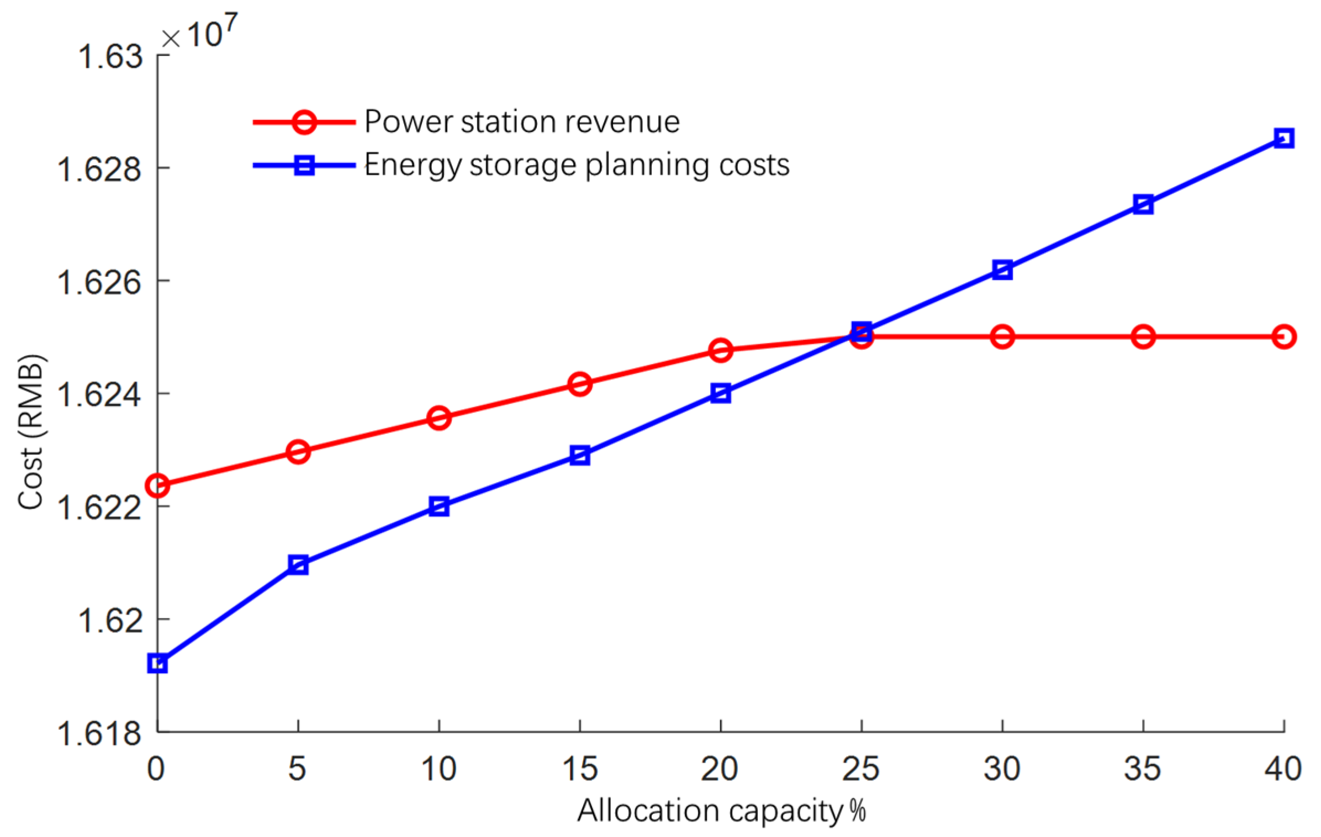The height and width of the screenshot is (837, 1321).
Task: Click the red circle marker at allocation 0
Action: pos(157,485)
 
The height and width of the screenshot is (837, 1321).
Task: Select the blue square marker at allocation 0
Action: pos(157,664)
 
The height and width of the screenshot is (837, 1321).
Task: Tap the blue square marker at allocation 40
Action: pos(1283,137)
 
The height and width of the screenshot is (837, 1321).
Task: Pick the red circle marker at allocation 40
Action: pos(1283,336)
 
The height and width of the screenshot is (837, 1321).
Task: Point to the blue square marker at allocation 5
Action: pos(298,565)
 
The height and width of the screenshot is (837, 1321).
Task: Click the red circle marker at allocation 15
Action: pos(580,383)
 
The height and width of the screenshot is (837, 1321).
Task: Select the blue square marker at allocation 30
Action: pos(1002,270)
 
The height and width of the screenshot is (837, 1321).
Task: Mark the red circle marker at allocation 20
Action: pos(721,350)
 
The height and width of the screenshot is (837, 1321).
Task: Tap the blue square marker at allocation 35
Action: pos(1143,204)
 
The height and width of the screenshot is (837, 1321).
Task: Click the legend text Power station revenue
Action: pos(522,121)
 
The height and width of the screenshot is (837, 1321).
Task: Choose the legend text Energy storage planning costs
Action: pos(577,165)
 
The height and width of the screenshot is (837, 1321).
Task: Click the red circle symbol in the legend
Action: pos(304,121)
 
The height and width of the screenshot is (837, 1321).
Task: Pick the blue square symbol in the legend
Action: pos(304,165)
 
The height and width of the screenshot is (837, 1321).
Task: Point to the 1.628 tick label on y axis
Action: pos(99,168)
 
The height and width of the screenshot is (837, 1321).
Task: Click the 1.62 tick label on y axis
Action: pos(109,619)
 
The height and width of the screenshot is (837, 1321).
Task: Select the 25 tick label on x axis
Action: pos(860,769)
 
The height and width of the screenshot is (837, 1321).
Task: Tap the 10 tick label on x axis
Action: pos(438,769)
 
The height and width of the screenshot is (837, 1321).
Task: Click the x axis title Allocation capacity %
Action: pos(721,811)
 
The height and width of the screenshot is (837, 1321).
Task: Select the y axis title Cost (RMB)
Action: pos(31,431)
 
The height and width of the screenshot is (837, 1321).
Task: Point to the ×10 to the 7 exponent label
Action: pos(200,33)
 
